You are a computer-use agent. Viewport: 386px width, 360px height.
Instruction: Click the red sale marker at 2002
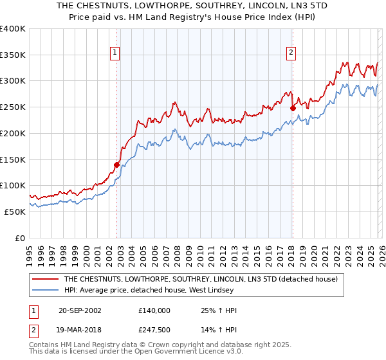click(x=116, y=165)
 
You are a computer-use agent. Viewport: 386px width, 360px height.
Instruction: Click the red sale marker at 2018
click(x=293, y=108)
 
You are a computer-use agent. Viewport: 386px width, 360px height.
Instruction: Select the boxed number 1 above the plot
click(x=115, y=53)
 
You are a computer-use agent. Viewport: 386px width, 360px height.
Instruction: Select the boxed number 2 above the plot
click(x=291, y=53)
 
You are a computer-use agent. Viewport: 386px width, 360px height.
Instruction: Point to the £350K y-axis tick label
click(x=13, y=55)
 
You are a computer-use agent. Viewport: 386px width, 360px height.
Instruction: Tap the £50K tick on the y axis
click(x=15, y=212)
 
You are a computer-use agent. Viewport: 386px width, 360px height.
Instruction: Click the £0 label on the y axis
click(x=21, y=238)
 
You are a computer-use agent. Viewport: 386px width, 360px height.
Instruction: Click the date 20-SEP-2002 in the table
click(x=80, y=310)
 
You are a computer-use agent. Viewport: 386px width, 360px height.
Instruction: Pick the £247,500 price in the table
click(x=154, y=328)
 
